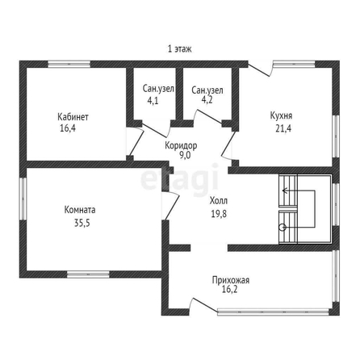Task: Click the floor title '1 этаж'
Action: [x=180, y=49]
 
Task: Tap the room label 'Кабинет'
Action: [x=73, y=117]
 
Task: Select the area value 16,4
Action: [x=68, y=128]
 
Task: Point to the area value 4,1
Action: [x=153, y=100]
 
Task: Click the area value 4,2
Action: [x=207, y=100]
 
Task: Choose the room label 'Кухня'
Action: [x=281, y=115]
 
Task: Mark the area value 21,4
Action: [x=283, y=128]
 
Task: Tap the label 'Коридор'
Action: [x=181, y=145]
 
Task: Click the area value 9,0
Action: [x=185, y=155]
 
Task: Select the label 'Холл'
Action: [x=219, y=201]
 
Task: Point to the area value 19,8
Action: [x=219, y=214]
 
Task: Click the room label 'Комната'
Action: [x=80, y=210]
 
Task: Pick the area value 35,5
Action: [x=82, y=223]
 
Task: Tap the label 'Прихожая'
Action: [x=231, y=280]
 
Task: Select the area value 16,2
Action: [x=229, y=289]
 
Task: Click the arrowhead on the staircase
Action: [x=284, y=190]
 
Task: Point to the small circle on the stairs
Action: [x=283, y=228]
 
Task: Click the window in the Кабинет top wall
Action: [x=69, y=64]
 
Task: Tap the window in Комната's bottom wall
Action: [x=88, y=274]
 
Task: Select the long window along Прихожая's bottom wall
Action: [x=273, y=312]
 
